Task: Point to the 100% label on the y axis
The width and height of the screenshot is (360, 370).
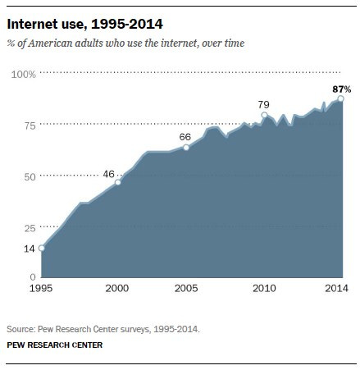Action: click(x=24, y=75)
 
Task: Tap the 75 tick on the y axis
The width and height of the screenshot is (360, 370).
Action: click(x=29, y=125)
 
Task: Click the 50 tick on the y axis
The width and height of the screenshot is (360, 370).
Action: click(x=29, y=176)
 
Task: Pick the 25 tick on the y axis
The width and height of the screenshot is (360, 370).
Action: click(x=29, y=227)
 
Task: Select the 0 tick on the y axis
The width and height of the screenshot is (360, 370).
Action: click(x=33, y=277)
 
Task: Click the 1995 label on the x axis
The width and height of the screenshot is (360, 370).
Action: click(x=41, y=290)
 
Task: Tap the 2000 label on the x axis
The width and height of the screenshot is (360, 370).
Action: click(x=118, y=290)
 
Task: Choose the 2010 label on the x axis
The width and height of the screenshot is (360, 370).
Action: click(x=263, y=290)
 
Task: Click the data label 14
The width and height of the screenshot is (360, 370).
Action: click(x=29, y=248)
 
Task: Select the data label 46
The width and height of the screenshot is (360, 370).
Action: click(x=108, y=173)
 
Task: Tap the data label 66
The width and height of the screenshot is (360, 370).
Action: click(x=185, y=136)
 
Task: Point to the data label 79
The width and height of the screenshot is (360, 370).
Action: click(x=263, y=104)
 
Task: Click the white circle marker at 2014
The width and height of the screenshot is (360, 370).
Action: click(x=340, y=98)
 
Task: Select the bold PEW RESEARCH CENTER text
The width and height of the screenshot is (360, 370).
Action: click(x=56, y=345)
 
